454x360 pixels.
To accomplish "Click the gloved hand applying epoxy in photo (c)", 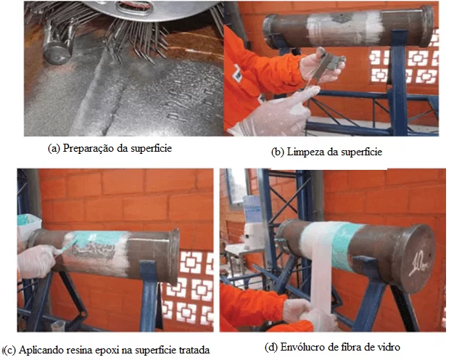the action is click(x=36, y=261).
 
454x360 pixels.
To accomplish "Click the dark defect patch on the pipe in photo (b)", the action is click(x=342, y=18).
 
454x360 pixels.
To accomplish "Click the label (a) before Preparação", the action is click(x=54, y=148).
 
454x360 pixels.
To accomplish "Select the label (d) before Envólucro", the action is click(x=271, y=347).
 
